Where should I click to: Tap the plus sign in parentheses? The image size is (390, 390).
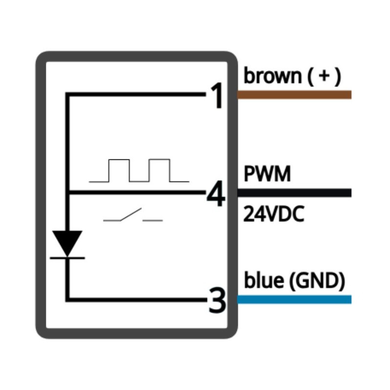pyautogui.click(x=325, y=77)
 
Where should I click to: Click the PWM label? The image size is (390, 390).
pyautogui.click(x=267, y=174)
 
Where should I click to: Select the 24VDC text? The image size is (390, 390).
pyautogui.click(x=273, y=214)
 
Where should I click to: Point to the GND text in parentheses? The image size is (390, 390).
pyautogui.click(x=317, y=281)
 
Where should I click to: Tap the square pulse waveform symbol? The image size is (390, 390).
pyautogui.click(x=139, y=171)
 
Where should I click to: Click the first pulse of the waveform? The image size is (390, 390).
pyautogui.click(x=119, y=170)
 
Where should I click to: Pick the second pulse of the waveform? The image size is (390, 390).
pyautogui.click(x=160, y=170)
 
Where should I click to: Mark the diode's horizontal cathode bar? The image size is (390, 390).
pyautogui.click(x=67, y=257)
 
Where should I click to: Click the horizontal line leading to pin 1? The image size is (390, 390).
pyautogui.click(x=136, y=95)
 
